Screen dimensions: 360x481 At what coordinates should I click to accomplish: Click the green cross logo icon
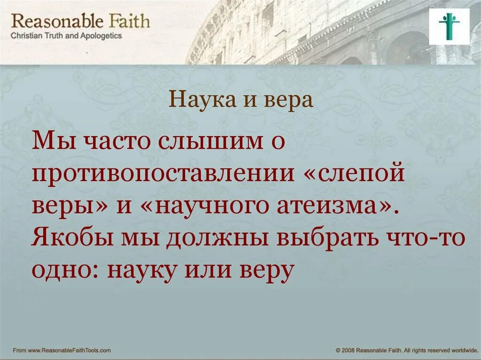click(x=449, y=26)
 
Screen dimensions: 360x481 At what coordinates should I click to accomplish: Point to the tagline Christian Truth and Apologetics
click(x=66, y=36)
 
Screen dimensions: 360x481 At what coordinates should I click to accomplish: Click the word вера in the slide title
click(x=289, y=100)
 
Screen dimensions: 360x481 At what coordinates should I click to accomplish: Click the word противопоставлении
click(x=161, y=175)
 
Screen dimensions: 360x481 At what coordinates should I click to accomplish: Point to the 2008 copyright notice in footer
click(x=403, y=350)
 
